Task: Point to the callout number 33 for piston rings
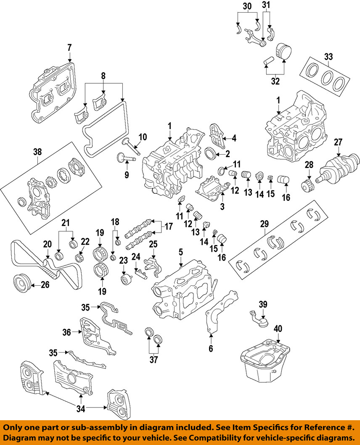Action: click(x=328, y=57)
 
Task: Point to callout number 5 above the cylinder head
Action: click(x=181, y=252)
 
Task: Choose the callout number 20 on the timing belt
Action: click(x=48, y=244)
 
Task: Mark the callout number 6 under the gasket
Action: click(x=211, y=348)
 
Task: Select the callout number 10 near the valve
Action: click(x=143, y=137)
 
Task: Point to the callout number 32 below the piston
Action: click(x=275, y=81)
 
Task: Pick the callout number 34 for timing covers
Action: click(x=80, y=407)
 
